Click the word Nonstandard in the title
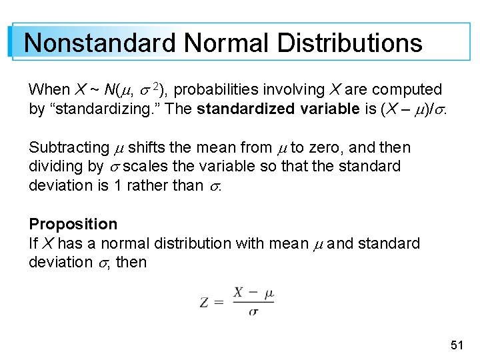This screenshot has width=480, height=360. click(100, 43)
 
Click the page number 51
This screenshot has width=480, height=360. click(457, 345)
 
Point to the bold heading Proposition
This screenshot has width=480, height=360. click(73, 224)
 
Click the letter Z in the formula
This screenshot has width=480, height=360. click(205, 302)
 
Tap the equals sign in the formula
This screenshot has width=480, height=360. click(220, 302)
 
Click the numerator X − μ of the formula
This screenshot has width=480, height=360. click(253, 293)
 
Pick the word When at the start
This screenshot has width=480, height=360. click(49, 89)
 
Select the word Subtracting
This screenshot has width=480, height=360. click(69, 147)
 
